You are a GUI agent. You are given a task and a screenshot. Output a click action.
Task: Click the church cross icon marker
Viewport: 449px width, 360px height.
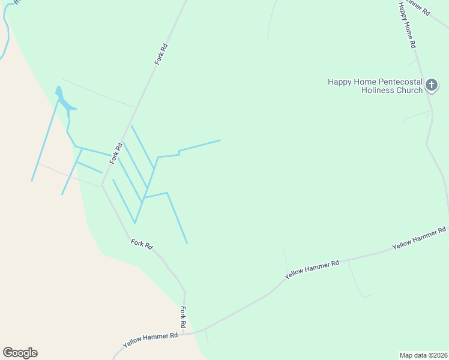432,86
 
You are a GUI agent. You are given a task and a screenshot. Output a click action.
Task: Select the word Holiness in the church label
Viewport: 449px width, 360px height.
378,90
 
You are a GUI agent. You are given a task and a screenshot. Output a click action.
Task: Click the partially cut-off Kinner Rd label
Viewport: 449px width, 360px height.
418,7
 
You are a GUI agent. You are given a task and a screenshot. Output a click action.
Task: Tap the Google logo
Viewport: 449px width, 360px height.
20,353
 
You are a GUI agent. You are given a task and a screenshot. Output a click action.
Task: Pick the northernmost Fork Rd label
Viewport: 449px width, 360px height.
160,55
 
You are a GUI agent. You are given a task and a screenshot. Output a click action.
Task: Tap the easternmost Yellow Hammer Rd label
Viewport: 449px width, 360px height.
420,238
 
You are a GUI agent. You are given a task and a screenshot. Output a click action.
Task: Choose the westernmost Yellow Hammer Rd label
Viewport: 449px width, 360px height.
151,341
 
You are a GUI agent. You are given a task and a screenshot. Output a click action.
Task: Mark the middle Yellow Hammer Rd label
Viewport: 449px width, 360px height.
312,268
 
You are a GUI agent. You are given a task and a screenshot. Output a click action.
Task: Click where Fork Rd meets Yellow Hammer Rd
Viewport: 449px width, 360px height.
186,333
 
